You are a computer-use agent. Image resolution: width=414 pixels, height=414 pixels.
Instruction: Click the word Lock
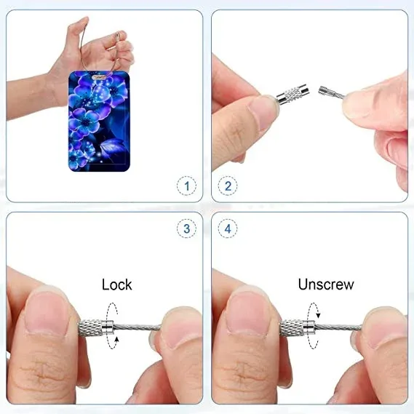point(117,284)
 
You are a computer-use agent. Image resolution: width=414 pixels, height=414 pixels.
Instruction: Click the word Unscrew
point(326,284)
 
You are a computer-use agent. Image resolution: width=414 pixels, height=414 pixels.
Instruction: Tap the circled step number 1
point(187,186)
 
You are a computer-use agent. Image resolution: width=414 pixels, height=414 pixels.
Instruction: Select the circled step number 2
point(228,186)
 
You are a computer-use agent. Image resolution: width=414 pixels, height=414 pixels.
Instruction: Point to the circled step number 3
point(187,228)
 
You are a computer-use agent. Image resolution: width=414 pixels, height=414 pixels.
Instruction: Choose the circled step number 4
point(228,228)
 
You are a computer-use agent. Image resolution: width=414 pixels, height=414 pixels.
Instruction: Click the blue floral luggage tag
point(99,122)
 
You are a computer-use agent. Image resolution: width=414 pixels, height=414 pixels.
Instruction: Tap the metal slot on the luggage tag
point(100,77)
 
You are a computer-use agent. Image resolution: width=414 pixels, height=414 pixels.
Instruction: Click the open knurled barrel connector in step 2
point(293,95)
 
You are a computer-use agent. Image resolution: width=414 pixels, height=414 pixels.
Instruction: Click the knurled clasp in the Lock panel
point(96,327)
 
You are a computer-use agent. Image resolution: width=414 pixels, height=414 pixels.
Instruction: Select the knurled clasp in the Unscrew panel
point(298,327)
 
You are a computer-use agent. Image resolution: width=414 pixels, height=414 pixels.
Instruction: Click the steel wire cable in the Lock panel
point(138,327)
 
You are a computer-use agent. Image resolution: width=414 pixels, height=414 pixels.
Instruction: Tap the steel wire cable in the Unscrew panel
point(338,327)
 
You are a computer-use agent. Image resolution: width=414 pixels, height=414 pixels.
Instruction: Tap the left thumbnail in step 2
point(263,113)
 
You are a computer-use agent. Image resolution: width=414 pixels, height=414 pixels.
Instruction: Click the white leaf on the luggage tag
point(111,147)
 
